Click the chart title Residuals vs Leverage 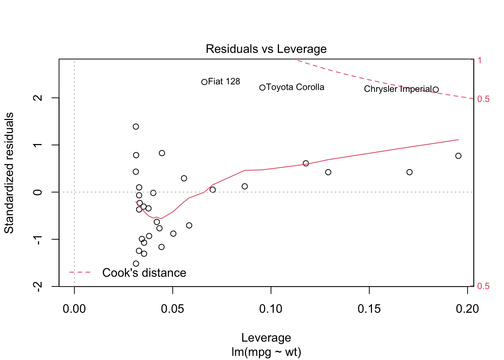click(266, 49)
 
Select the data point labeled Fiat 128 click(204, 82)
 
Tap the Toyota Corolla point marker click(262, 88)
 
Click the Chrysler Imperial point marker click(436, 90)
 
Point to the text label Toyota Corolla click(295, 87)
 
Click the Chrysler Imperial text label click(397, 89)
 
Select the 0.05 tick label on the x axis click(172, 309)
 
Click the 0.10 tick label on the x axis click(271, 309)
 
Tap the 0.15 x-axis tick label click(369, 309)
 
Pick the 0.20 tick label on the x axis click(467, 309)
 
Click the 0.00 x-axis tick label click(74, 309)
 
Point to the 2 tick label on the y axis click(38, 98)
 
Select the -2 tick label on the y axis click(38, 286)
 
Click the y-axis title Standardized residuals click(9, 173)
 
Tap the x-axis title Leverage click(266, 338)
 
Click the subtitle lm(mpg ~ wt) click(266, 352)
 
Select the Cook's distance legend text click(144, 273)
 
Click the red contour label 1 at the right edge click(480, 60)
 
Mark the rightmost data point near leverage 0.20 click(458, 156)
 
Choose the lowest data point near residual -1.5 click(136, 264)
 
